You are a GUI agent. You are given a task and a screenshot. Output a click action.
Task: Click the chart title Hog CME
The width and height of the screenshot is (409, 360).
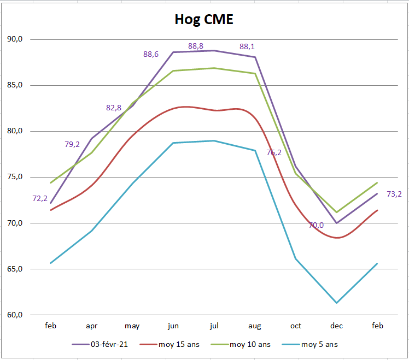(x=204, y=20)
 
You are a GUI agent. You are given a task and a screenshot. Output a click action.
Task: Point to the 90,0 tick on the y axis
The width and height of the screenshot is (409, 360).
(x=14, y=39)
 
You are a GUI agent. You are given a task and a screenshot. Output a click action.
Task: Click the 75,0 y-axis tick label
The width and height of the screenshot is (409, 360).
(x=14, y=177)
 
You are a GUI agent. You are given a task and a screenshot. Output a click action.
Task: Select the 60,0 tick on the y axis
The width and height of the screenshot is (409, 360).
(x=14, y=315)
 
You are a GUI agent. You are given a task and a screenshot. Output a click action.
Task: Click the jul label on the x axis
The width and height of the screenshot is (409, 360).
(x=214, y=326)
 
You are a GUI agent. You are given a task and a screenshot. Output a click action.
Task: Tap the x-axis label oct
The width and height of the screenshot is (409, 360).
(x=296, y=326)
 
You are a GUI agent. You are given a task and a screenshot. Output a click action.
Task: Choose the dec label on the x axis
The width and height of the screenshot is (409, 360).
(x=336, y=326)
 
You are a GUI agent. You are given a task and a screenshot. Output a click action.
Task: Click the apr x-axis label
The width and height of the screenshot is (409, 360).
(x=91, y=326)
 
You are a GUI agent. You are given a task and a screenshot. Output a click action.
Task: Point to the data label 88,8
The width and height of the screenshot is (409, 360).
(x=196, y=46)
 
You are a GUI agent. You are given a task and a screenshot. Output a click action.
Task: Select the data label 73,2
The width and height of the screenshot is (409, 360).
(x=394, y=194)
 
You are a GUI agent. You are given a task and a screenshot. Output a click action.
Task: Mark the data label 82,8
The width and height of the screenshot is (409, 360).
(x=113, y=108)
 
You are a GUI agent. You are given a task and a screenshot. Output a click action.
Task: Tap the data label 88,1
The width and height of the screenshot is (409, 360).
(x=247, y=46)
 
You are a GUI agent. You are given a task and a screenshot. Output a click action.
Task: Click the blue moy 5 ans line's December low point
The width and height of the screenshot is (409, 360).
(x=336, y=303)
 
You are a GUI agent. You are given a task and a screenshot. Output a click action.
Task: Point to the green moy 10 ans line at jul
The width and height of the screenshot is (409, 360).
(x=214, y=68)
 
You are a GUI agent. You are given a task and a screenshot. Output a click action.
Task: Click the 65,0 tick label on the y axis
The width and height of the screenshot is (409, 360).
(x=14, y=269)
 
